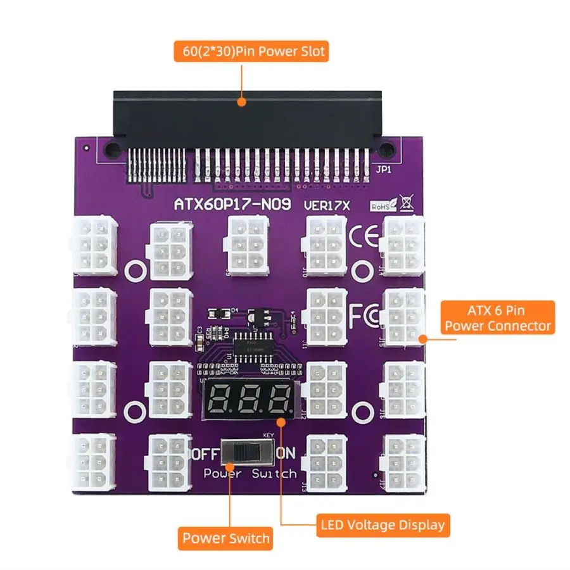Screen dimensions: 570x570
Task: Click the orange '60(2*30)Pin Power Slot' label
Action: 251,51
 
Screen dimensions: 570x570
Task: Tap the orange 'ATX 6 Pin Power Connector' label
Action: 498,318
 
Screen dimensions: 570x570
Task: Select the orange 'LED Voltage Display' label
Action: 382,525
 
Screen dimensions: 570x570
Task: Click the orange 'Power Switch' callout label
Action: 225,539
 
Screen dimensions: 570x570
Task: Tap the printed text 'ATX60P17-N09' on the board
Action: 232,205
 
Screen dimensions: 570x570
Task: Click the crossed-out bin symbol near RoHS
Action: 406,203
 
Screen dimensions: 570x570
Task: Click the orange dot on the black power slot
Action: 241,100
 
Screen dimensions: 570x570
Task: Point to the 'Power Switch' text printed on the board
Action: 250,474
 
